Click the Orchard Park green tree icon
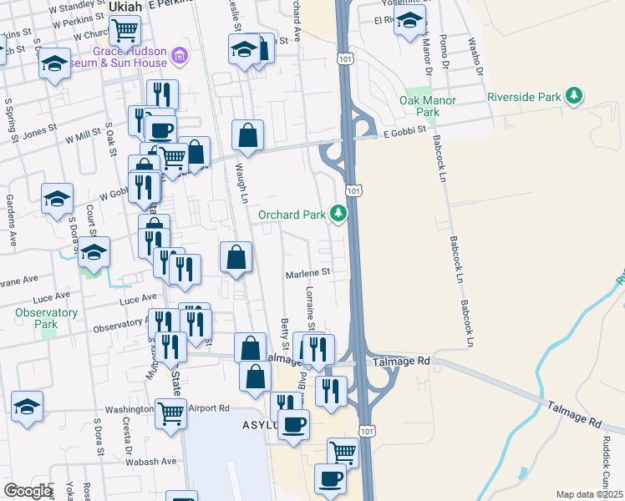click(338, 215)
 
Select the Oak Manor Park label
click(428, 106)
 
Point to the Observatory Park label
click(46, 318)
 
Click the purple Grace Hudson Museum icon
click(178, 56)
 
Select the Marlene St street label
click(308, 271)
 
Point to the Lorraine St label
click(310, 309)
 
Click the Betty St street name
click(285, 334)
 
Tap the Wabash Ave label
click(151, 461)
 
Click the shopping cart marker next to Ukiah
click(124, 31)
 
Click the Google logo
click(28, 491)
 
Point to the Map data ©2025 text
click(589, 494)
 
